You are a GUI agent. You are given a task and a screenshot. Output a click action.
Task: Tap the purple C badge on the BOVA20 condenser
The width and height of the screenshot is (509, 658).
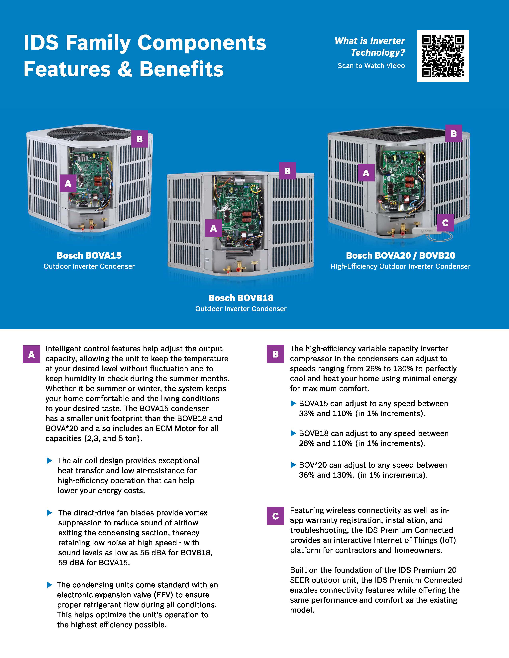tap(445, 223)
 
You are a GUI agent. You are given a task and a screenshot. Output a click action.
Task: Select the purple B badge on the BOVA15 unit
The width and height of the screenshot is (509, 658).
tap(139, 139)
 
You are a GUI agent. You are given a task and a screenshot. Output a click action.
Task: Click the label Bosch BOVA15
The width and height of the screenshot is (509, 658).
tap(89, 255)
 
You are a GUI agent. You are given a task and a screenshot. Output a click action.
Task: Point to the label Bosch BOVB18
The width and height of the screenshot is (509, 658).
tap(241, 298)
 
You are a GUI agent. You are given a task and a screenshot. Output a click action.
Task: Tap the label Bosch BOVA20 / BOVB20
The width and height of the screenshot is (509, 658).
tap(400, 255)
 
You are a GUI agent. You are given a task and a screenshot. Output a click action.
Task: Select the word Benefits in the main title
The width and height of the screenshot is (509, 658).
tap(181, 69)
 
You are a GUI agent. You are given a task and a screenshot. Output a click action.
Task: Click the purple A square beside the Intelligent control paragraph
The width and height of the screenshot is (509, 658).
tap(31, 354)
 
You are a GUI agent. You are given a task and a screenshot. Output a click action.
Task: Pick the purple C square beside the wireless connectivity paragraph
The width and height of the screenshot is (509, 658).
tap(275, 516)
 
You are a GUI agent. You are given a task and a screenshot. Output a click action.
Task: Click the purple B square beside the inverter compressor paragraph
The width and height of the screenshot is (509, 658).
tap(275, 354)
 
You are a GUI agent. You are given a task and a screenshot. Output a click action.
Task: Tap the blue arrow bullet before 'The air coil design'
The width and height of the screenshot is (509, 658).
tap(50, 461)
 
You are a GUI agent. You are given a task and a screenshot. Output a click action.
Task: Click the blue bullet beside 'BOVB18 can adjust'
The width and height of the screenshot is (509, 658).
tap(293, 433)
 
